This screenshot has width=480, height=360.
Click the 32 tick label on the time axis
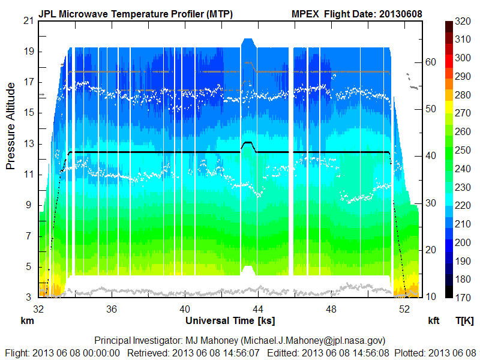pos(39,310)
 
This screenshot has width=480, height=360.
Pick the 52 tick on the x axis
pos(405,310)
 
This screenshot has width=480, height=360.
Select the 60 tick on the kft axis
pos(430,62)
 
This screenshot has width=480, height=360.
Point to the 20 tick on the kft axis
pos(430,250)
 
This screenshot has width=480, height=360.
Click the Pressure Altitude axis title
pos(11,130)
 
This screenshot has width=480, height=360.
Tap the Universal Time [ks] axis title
pos(222,321)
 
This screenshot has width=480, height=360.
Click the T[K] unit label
pos(464,321)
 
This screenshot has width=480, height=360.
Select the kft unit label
pos(434,321)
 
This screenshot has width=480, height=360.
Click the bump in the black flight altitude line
pos(247,143)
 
